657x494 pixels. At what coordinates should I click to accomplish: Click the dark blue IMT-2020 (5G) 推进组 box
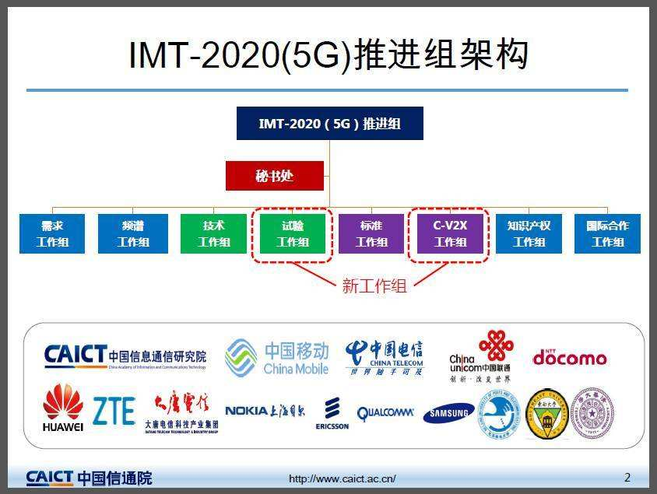tap(329, 123)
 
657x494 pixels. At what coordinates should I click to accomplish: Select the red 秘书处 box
tap(274, 176)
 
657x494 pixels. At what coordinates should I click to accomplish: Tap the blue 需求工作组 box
tap(52, 233)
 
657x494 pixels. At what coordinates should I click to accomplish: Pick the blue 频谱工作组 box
tap(132, 233)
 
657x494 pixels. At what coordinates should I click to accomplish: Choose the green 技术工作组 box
tap(213, 233)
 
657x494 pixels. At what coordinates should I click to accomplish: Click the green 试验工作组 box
tap(293, 233)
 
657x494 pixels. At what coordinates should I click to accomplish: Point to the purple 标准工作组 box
tap(371, 233)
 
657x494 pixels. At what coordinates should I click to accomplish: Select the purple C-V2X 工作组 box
tap(450, 233)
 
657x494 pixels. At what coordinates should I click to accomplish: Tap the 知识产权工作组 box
tap(529, 233)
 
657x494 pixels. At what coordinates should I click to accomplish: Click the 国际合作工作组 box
tap(607, 233)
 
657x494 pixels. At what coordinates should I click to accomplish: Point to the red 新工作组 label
tap(374, 286)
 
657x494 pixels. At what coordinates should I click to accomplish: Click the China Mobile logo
tap(277, 358)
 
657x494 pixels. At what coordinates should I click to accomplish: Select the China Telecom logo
tap(385, 358)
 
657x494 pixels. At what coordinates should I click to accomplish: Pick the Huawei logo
tap(62, 408)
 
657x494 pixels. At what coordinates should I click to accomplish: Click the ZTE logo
tap(114, 411)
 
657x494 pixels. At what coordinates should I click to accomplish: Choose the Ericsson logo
tap(332, 413)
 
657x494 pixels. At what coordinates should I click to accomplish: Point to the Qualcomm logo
tap(385, 413)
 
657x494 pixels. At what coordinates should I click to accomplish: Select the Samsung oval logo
tap(449, 413)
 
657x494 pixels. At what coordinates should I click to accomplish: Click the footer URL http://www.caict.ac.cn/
tap(343, 478)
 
